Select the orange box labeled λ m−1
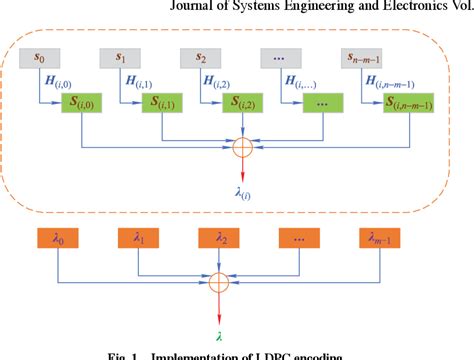tap(385, 239)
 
